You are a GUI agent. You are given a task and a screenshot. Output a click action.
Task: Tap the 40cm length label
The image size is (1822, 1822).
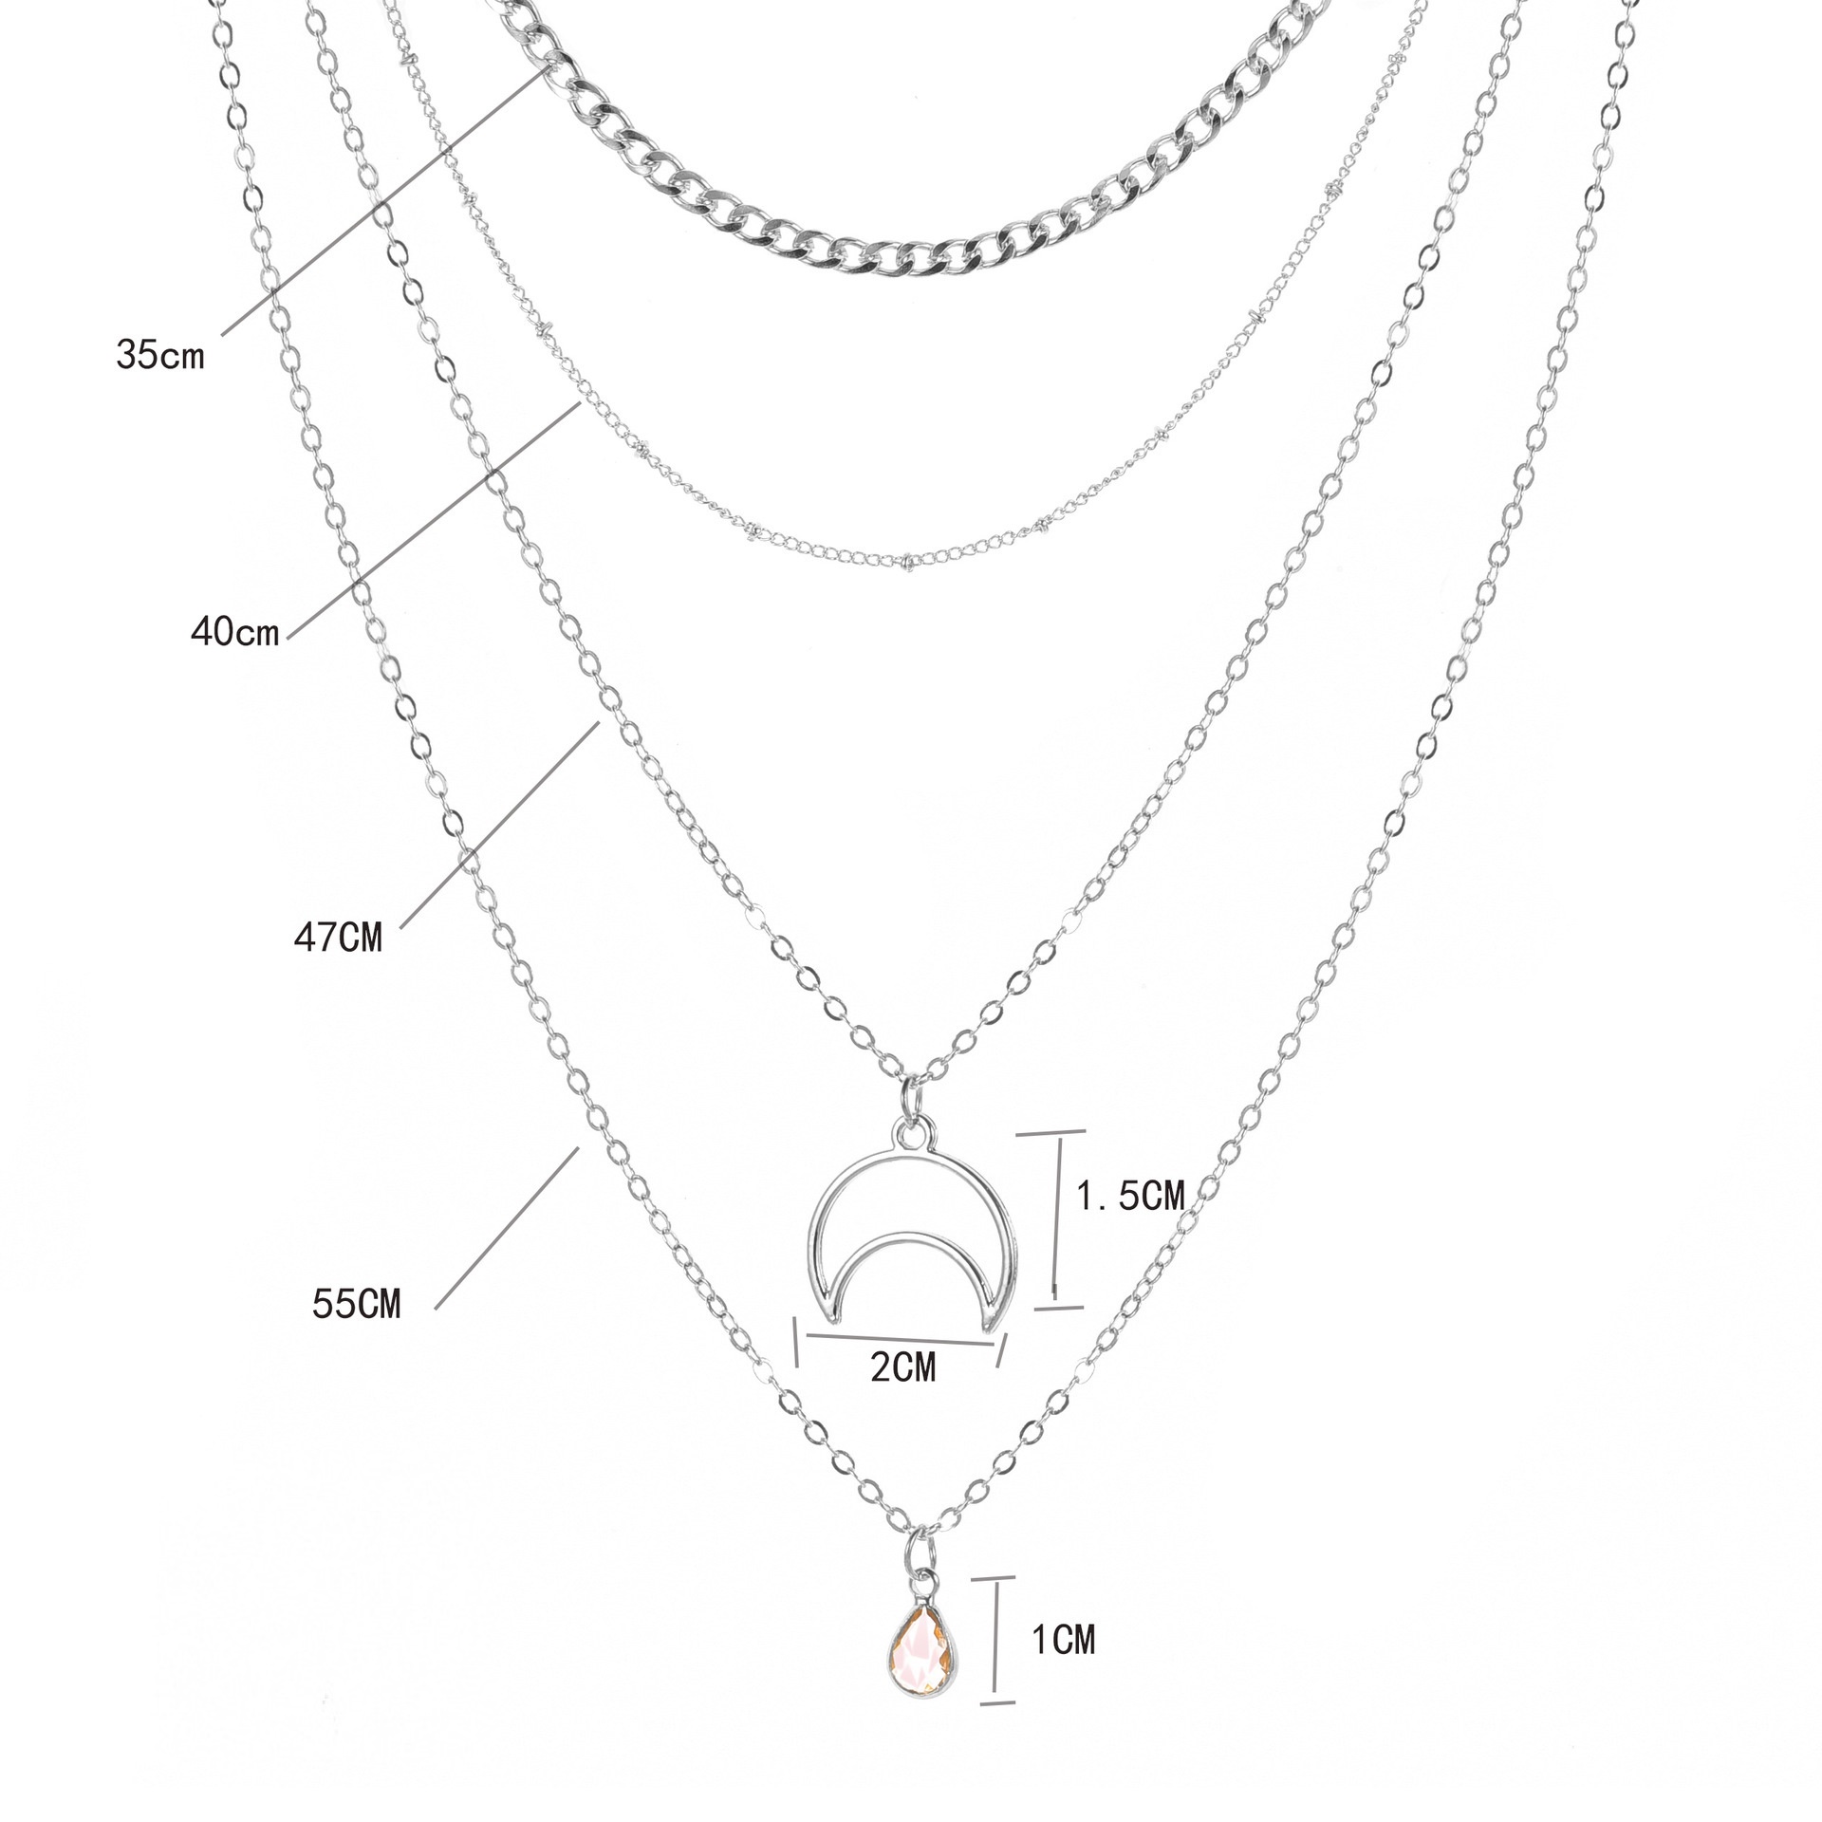(x=235, y=630)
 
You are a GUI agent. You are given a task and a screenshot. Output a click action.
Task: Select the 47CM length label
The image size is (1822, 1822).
(x=338, y=938)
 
